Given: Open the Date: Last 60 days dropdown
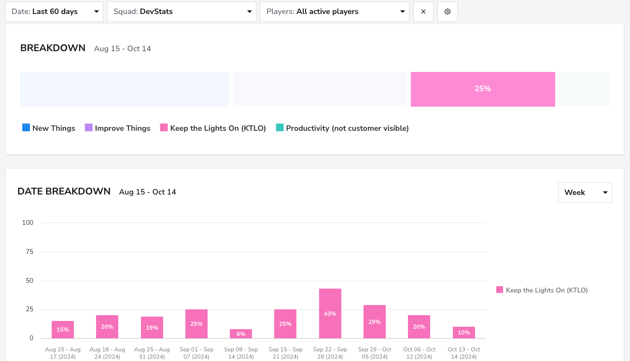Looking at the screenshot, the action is (x=54, y=12).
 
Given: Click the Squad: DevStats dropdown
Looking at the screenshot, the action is (x=182, y=12).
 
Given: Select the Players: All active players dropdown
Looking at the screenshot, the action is (x=335, y=12).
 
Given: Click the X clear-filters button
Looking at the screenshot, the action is (x=423, y=12).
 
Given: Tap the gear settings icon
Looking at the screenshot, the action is (x=448, y=12).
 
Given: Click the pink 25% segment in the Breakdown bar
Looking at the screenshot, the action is (x=483, y=89).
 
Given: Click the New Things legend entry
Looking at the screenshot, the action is (x=49, y=128).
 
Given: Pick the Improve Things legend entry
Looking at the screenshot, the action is (x=118, y=128).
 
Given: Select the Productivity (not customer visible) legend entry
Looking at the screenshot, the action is (x=342, y=128).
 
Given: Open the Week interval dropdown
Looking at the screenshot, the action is (x=585, y=193).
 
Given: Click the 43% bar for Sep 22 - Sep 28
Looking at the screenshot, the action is (x=330, y=314).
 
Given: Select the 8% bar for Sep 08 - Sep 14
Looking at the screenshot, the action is (x=241, y=333).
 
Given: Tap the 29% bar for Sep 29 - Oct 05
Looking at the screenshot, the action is (x=375, y=321).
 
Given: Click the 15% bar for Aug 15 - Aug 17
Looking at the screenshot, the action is (x=63, y=330).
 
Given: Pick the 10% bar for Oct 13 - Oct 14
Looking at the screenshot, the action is (x=464, y=333).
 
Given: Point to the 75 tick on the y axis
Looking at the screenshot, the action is (x=29, y=251).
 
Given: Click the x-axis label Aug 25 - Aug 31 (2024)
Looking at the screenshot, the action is (x=152, y=353).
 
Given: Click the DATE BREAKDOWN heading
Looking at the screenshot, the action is (x=64, y=192).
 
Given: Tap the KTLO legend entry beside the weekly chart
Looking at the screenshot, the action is (x=542, y=290).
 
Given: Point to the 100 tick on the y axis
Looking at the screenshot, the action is (x=28, y=222).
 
